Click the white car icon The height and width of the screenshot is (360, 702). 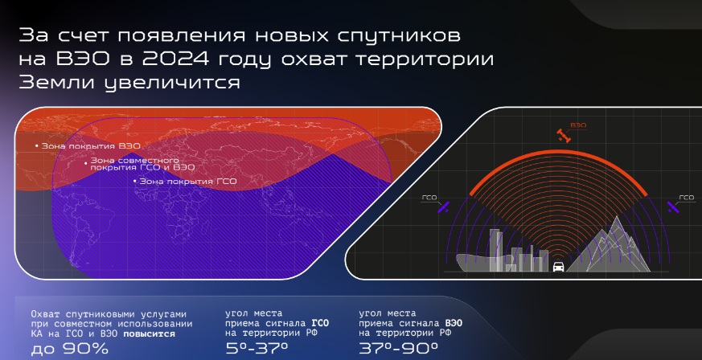click(558, 267)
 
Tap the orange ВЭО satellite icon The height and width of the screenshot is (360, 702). click(564, 136)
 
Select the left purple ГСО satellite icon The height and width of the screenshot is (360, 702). click(445, 207)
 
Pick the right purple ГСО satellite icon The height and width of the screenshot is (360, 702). click(672, 207)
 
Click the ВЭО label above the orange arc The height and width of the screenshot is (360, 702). click(578, 125)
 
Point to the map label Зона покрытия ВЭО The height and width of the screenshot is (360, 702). click(91, 145)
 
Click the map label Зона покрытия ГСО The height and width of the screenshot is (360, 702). click(188, 181)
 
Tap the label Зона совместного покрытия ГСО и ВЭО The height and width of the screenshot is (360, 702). click(143, 164)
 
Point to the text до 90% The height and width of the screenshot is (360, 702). click(69, 349)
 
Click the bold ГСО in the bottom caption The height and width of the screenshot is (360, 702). click(320, 323)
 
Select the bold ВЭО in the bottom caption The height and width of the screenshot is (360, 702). click(454, 323)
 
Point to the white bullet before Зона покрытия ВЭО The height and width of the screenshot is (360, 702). click(37, 145)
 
